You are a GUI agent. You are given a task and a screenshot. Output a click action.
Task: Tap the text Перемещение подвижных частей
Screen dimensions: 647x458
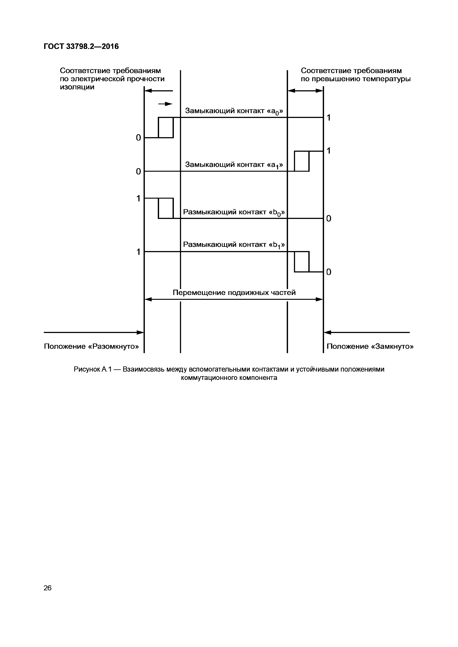tap(234, 293)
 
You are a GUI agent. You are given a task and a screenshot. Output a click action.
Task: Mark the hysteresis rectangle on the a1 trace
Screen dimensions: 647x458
tap(302, 161)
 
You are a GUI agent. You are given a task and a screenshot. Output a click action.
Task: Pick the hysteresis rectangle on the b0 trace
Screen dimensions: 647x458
tap(166, 208)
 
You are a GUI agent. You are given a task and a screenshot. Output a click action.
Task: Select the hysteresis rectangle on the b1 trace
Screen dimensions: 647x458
tap(302, 262)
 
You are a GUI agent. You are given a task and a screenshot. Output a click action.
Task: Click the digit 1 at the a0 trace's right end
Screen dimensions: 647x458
tap(328, 118)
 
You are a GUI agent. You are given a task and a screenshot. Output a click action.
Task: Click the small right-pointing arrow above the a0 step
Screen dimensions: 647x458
tap(166, 104)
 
